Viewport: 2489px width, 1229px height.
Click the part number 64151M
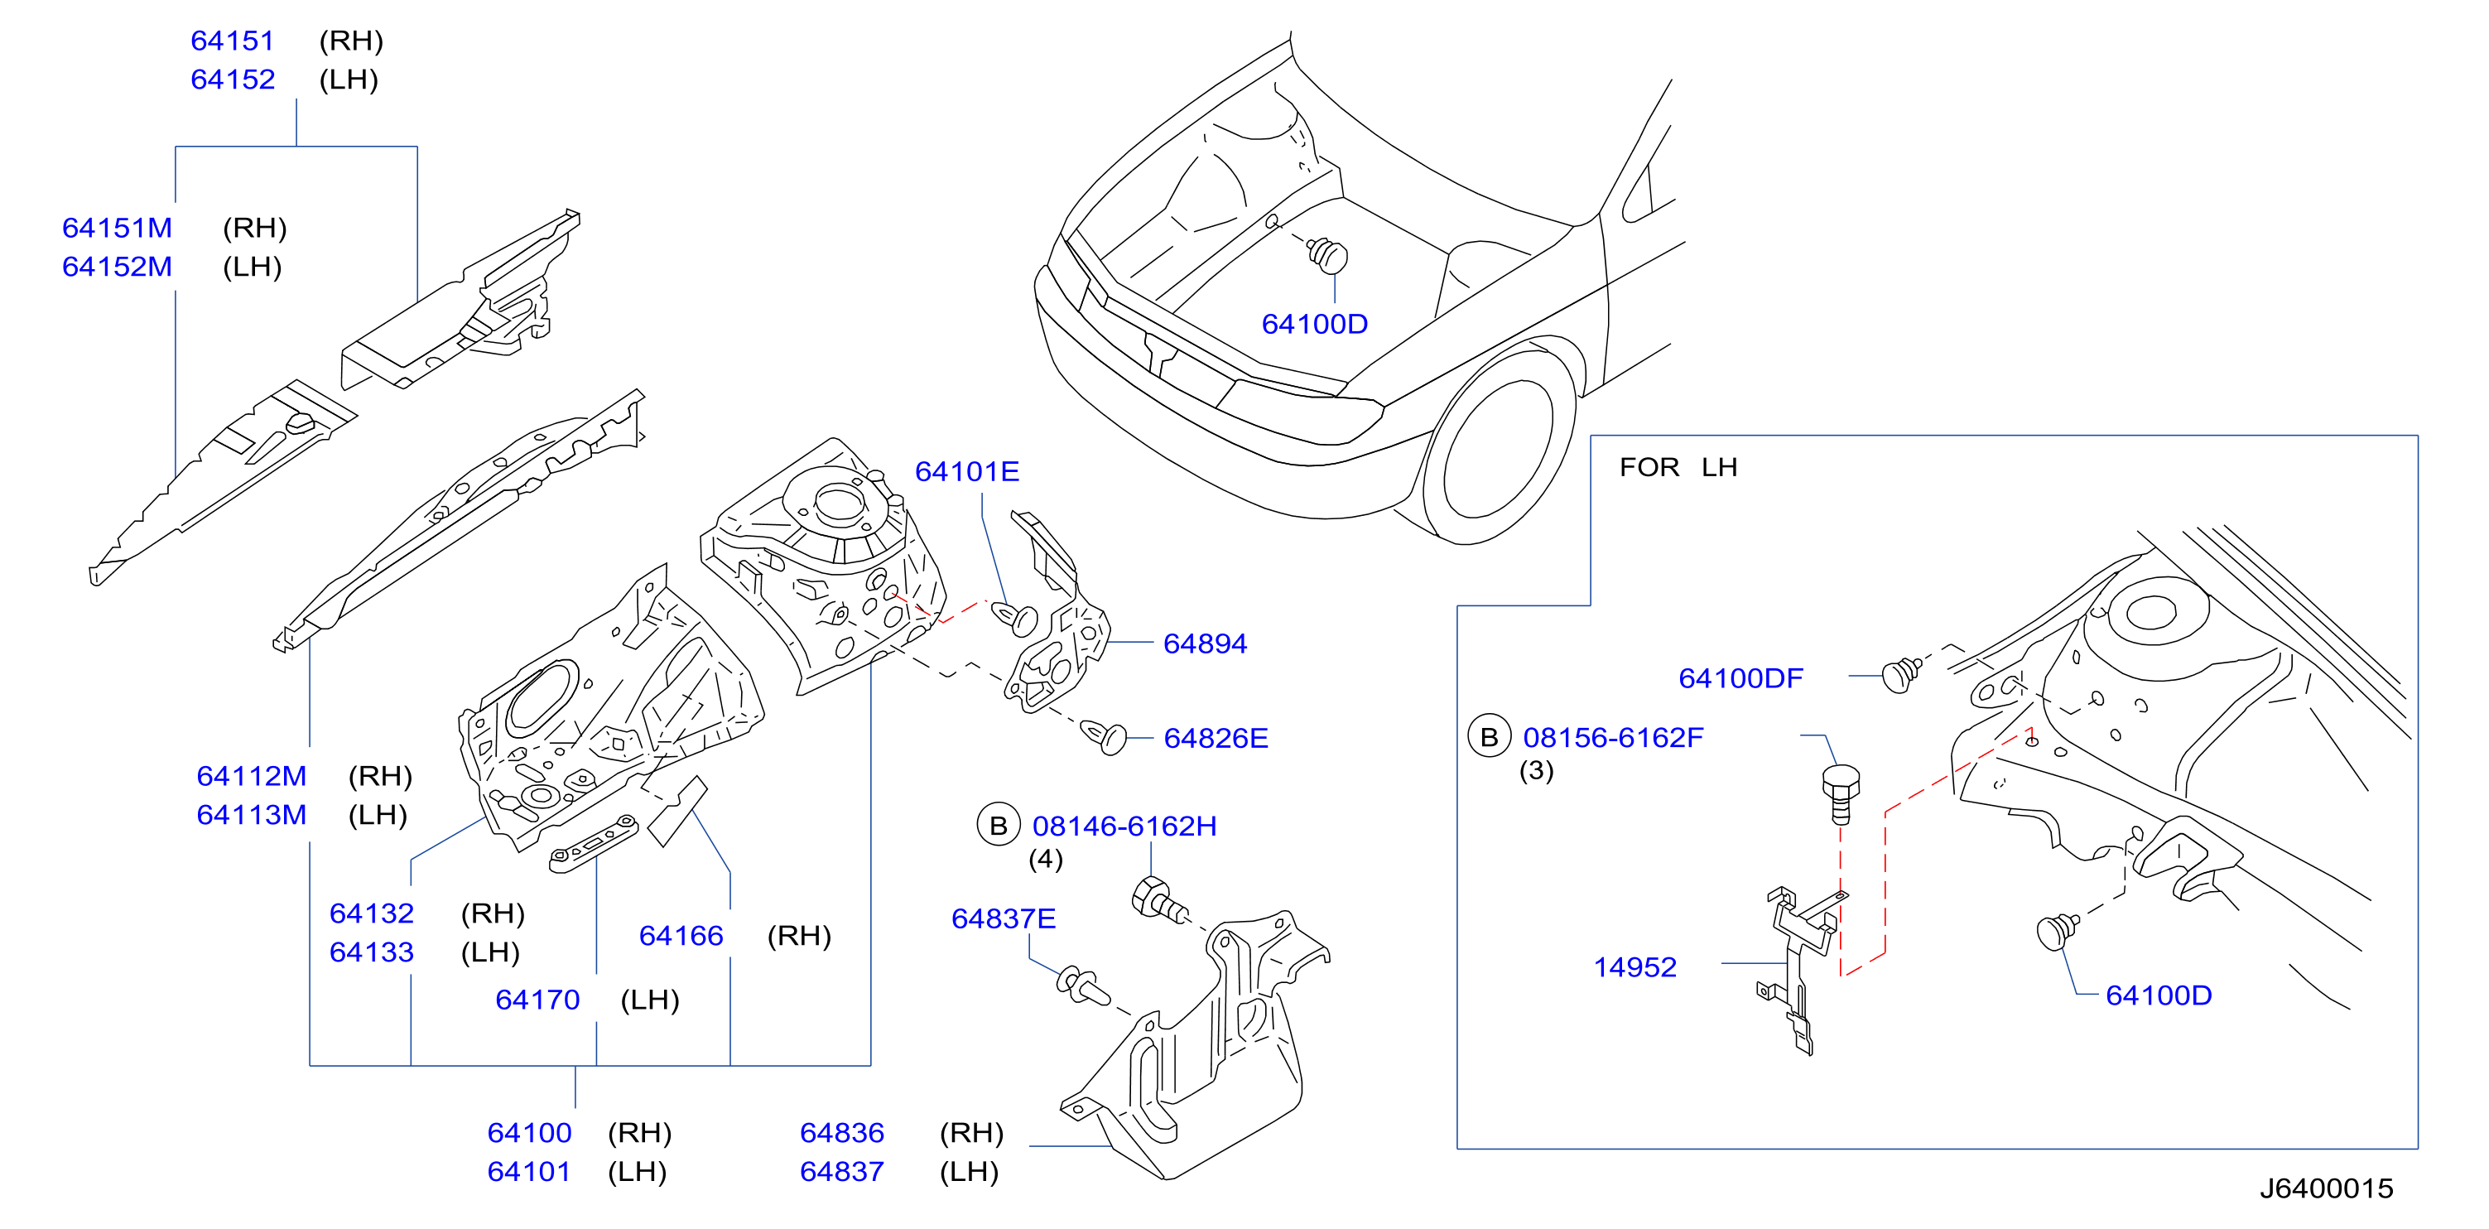tap(117, 228)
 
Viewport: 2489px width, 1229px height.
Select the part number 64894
tap(1205, 643)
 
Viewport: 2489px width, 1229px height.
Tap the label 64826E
tap(1216, 738)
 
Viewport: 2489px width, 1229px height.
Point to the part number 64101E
tap(967, 471)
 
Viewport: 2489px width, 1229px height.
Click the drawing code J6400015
tap(2327, 1188)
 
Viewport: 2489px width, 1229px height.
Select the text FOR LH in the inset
tap(1678, 468)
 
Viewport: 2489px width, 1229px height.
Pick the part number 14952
tap(1634, 967)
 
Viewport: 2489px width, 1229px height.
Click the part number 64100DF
tap(1741, 678)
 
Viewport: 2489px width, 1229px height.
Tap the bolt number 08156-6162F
tap(1614, 738)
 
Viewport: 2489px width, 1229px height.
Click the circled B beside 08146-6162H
tap(999, 827)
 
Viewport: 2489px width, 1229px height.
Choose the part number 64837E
tap(1004, 919)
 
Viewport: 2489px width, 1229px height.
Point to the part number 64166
tap(681, 936)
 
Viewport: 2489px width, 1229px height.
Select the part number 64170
tap(537, 1000)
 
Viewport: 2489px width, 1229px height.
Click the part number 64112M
tap(251, 777)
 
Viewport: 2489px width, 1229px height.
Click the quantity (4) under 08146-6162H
tap(1046, 859)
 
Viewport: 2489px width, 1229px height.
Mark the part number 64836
tap(841, 1133)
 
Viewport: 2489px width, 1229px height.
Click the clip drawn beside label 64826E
tap(1104, 736)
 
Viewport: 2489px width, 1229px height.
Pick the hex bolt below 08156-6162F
tap(1841, 793)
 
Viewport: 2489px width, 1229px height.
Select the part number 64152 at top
tap(233, 80)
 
